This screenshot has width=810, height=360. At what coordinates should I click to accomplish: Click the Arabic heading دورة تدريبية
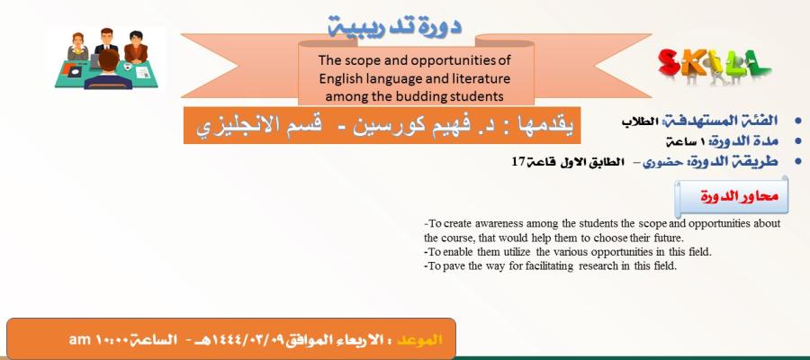tap(395, 26)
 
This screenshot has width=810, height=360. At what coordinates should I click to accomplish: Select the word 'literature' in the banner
tap(484, 78)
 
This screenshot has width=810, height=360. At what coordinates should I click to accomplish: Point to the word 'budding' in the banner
tap(418, 96)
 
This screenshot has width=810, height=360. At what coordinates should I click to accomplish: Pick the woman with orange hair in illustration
tap(78, 47)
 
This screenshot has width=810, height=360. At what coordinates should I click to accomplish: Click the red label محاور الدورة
tap(739, 197)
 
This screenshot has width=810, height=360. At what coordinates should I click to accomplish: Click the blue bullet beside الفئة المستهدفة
tap(798, 121)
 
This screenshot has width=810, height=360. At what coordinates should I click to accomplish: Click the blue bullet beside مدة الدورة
tap(798, 141)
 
